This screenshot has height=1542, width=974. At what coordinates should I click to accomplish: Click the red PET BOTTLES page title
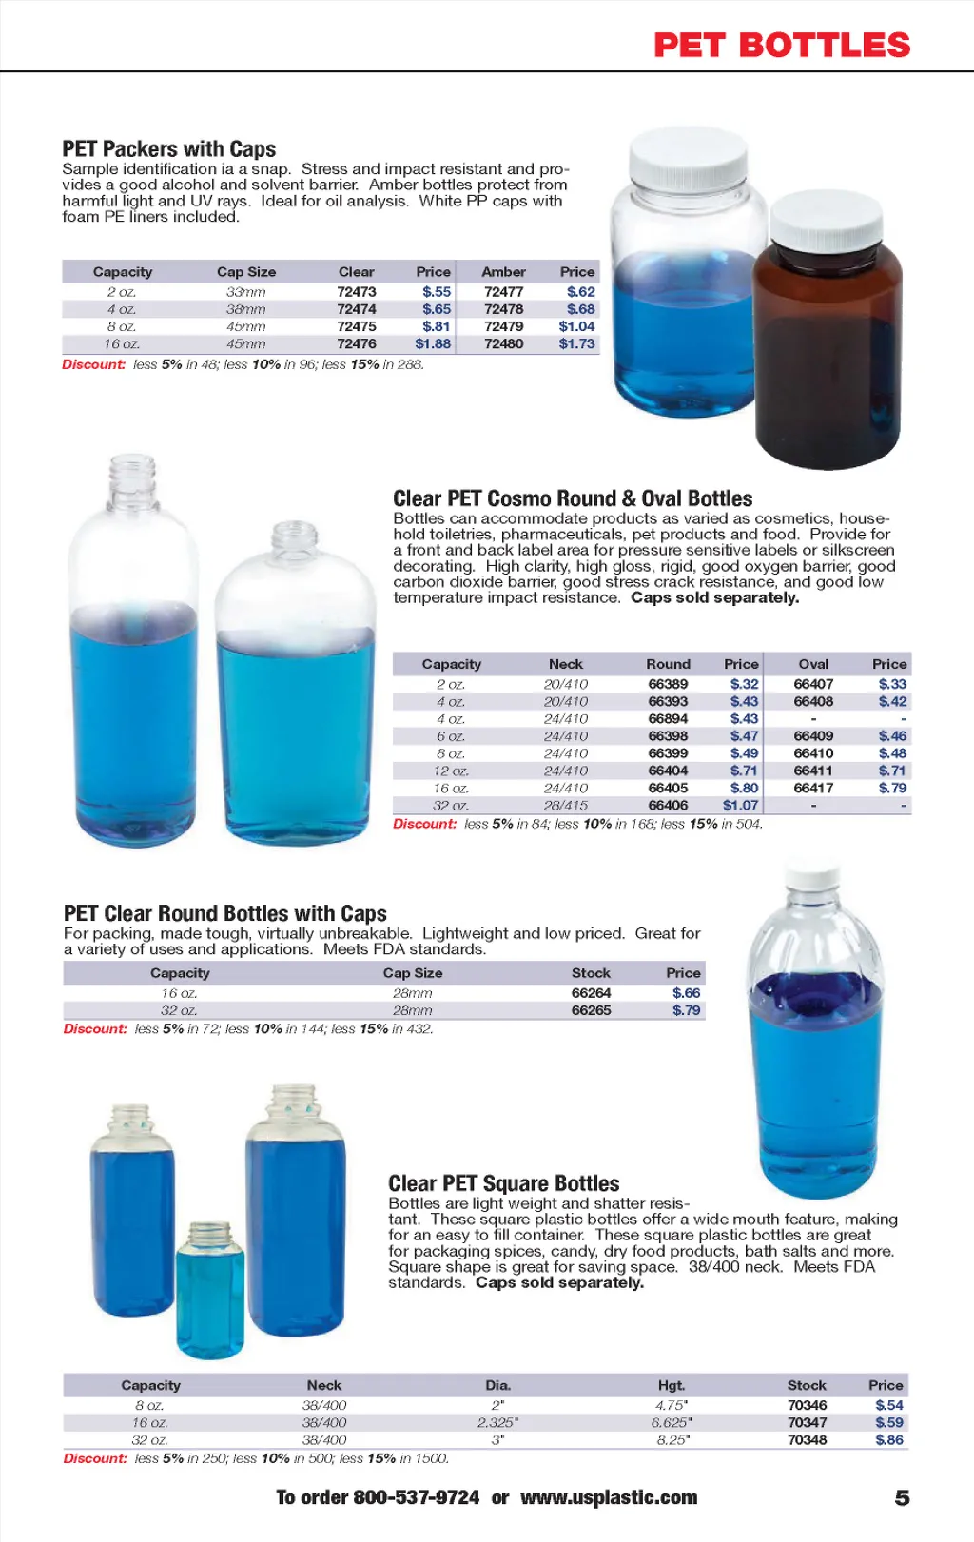782,45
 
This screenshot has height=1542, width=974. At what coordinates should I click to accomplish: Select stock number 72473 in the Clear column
357,292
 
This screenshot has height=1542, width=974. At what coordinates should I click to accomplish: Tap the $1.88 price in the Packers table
433,344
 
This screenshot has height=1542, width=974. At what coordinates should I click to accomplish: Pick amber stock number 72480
503,344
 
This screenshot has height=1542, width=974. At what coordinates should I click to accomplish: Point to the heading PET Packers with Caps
169,149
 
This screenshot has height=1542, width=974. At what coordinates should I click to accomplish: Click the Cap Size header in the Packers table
246,272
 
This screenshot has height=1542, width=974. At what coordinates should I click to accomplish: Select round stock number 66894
668,719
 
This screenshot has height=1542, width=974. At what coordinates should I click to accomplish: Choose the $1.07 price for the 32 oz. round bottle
740,806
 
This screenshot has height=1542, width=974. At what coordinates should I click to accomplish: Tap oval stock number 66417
813,789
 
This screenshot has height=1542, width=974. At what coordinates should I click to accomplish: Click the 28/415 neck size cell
566,806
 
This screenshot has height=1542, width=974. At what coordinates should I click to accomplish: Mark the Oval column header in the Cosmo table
813,664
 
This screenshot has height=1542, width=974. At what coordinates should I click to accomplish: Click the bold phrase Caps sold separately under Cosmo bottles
714,598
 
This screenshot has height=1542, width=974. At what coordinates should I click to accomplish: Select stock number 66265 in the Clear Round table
591,1011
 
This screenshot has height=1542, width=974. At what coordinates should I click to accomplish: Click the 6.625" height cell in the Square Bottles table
672,1423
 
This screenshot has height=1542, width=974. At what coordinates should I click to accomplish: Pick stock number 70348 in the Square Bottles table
807,1440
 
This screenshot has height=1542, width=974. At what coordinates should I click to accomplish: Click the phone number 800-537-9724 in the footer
416,1498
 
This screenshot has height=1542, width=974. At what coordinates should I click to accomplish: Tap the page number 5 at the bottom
902,1498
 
